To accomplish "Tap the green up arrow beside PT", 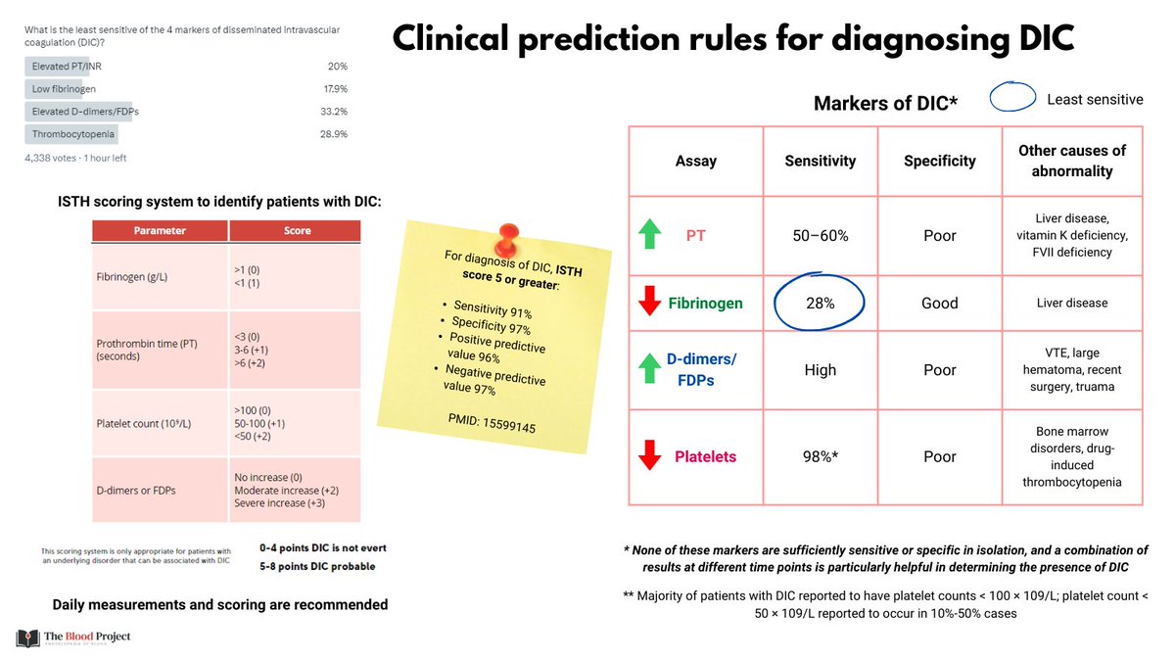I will (647, 235).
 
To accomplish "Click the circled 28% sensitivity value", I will (821, 304).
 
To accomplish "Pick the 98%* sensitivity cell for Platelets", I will (821, 456).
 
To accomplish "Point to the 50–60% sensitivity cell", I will (821, 235).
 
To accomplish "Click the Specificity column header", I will (939, 161).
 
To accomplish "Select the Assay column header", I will (695, 161).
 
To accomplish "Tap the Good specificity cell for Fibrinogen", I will (939, 304).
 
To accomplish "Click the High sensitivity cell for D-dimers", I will (821, 370).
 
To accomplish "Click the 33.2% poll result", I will (336, 111).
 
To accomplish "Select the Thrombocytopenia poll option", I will (73, 133).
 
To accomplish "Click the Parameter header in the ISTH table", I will (161, 231).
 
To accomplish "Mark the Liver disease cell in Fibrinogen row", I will (1072, 304).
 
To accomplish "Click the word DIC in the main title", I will (1041, 39).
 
